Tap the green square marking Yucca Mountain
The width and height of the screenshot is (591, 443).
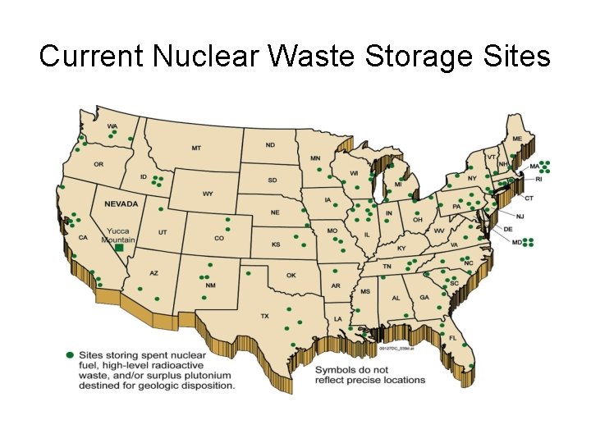(x=119, y=246)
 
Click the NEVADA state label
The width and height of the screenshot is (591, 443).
(x=121, y=203)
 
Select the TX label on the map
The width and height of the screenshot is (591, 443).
(x=264, y=316)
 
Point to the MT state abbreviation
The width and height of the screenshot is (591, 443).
(x=196, y=148)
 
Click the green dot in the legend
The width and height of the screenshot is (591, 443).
(x=71, y=354)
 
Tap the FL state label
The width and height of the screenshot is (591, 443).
(x=452, y=337)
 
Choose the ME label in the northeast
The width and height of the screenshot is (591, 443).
(x=516, y=139)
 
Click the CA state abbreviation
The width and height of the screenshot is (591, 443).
(x=83, y=238)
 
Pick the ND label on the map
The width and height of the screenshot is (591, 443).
(x=270, y=145)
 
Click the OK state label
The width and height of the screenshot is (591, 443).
(x=291, y=276)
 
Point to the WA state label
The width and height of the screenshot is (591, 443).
(x=112, y=126)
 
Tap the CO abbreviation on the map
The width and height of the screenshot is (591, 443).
(x=218, y=239)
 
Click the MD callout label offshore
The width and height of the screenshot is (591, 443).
(x=517, y=243)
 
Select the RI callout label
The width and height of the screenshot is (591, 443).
(x=539, y=179)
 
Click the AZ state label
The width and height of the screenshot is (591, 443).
(x=153, y=273)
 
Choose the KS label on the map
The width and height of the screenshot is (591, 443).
(x=276, y=244)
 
